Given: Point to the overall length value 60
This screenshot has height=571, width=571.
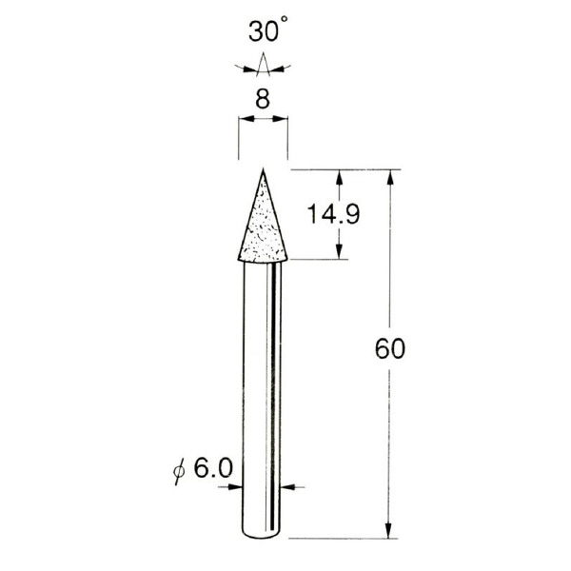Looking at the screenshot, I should (390, 349).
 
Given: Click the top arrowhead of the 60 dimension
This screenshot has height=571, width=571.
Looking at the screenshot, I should (389, 178).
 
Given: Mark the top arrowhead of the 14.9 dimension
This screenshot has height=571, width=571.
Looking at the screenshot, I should (339, 178).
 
